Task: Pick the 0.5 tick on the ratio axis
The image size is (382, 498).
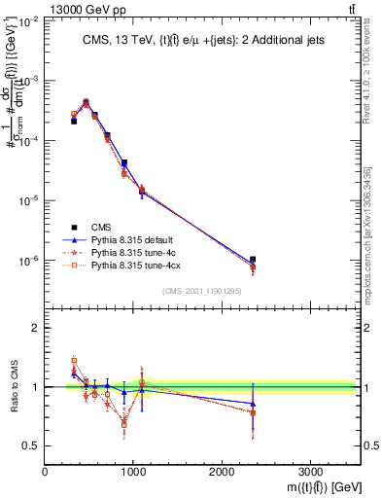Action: (x=32, y=445)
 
